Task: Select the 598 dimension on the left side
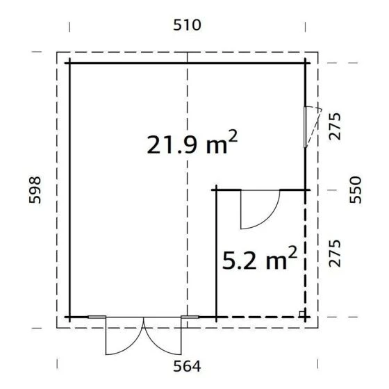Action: tap(36, 189)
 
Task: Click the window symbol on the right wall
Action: tap(308, 126)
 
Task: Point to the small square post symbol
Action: tap(301, 313)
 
